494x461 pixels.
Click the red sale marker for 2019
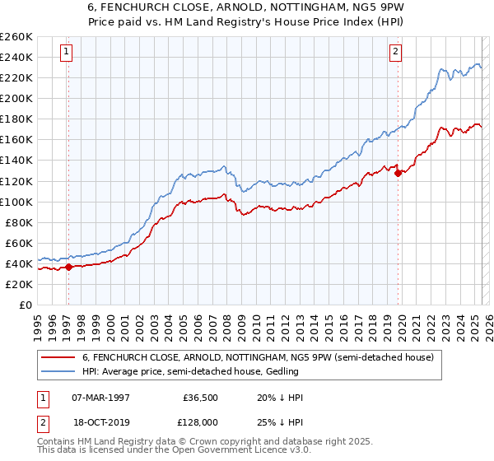pyautogui.click(x=398, y=173)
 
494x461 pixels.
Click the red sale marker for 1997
pyautogui.click(x=68, y=267)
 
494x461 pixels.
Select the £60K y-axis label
pyautogui.click(x=18, y=243)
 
